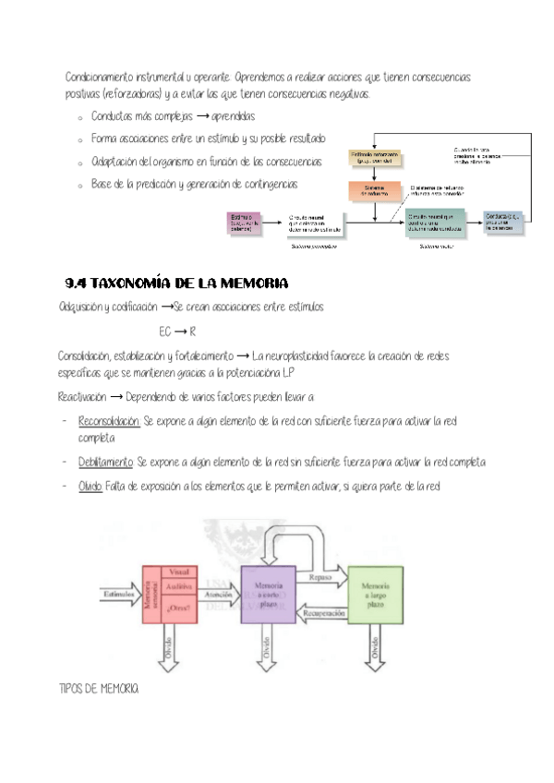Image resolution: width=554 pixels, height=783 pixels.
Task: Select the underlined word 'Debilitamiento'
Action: point(105,462)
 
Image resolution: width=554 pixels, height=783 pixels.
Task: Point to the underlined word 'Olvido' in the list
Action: point(90,487)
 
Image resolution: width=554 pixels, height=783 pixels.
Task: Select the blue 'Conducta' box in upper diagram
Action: point(505,222)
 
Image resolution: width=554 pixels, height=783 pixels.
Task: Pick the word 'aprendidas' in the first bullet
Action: point(233,117)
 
